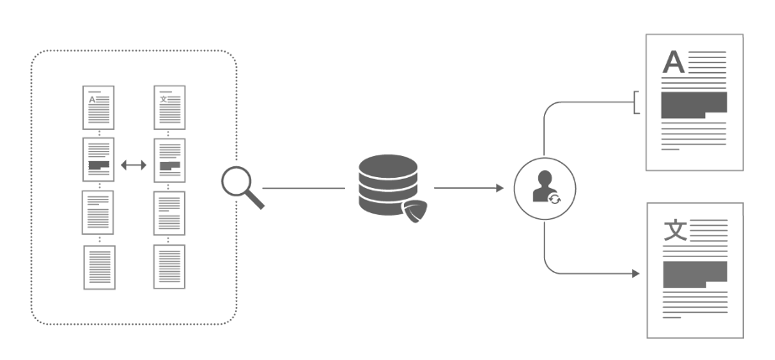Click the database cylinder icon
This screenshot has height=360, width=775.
(388, 185)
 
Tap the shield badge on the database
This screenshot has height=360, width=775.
(415, 211)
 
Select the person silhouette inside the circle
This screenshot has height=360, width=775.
(544, 186)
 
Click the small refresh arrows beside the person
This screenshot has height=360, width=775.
(554, 199)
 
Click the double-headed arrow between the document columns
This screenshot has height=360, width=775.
(134, 165)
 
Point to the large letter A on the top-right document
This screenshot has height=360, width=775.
(673, 62)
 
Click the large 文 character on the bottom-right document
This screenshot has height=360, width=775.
(675, 230)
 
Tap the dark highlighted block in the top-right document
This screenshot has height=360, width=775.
(694, 105)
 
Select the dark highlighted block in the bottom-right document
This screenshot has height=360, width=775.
(695, 274)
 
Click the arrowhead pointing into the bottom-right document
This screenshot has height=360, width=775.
(636, 273)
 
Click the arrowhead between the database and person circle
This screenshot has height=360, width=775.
(500, 188)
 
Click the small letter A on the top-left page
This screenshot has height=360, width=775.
(92, 100)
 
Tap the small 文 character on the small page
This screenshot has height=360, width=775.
(163, 99)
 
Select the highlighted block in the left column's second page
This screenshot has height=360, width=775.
(99, 165)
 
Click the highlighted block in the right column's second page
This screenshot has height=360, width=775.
(170, 166)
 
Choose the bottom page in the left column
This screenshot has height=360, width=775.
(99, 267)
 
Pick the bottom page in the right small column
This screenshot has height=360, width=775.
(169, 267)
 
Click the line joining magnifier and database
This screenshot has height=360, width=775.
(303, 188)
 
